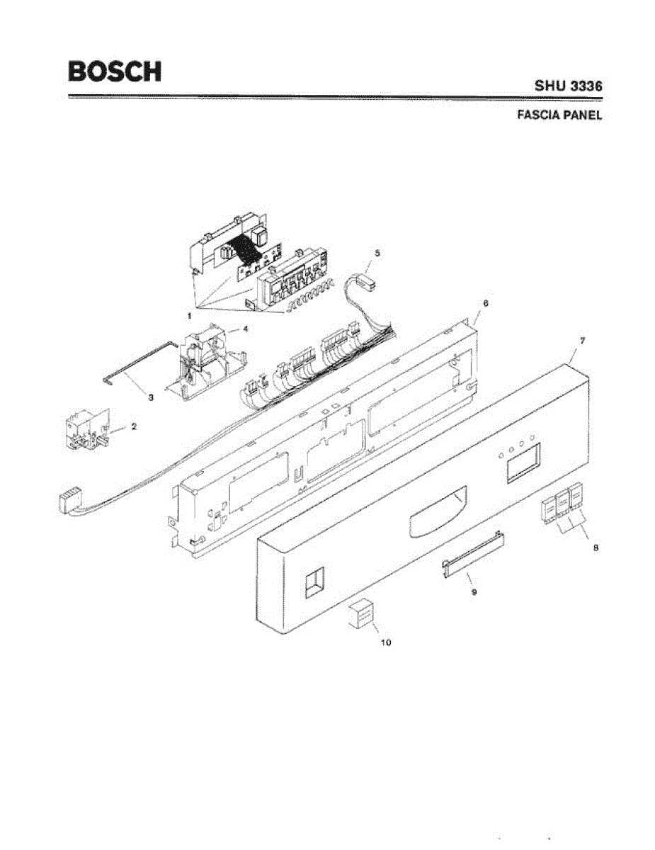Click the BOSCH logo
click(115, 71)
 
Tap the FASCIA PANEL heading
click(559, 115)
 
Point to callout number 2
click(134, 427)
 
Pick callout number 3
click(151, 398)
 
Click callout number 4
click(244, 329)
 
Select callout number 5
click(377, 253)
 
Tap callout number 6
click(485, 302)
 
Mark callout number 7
click(582, 341)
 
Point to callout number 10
click(386, 642)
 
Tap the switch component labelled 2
click(83, 432)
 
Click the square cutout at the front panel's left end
click(312, 583)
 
